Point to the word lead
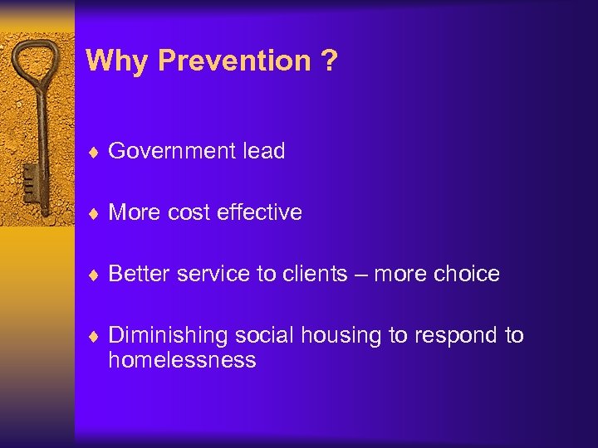263,151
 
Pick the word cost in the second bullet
188,212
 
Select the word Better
136,274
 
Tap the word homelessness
182,360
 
